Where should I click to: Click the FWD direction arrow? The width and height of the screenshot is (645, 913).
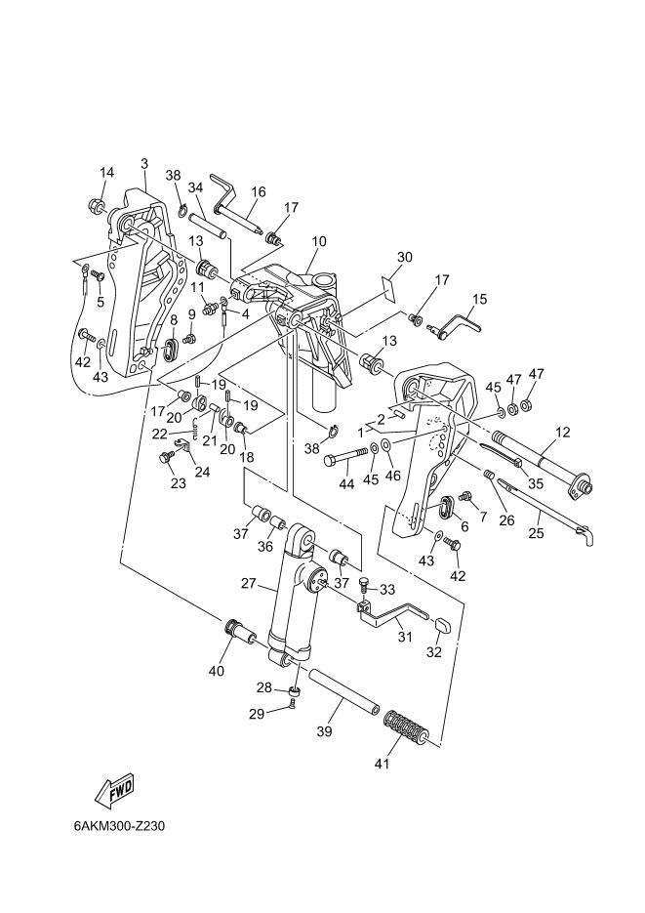point(114,791)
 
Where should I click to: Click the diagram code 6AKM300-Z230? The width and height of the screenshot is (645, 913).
point(119,826)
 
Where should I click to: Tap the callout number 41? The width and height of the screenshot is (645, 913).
point(382,764)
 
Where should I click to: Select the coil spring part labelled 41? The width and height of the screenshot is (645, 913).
point(407,726)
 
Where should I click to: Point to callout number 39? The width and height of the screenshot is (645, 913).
point(324,730)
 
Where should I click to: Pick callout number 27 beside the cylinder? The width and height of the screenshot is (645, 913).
point(249,583)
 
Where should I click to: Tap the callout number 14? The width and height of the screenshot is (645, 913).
point(106,173)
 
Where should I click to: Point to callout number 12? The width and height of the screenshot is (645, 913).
point(562,432)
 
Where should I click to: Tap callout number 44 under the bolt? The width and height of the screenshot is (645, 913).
point(346,484)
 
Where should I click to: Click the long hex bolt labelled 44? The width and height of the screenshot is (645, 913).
point(346,455)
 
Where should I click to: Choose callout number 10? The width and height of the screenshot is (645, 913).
point(319,241)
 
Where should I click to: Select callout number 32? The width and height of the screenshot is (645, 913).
point(434,652)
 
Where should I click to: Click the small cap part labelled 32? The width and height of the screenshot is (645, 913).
point(443,625)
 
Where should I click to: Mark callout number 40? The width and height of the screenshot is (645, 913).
point(216,672)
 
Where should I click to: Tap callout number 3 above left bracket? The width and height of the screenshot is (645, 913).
point(144,164)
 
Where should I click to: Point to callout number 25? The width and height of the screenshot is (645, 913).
point(536,532)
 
